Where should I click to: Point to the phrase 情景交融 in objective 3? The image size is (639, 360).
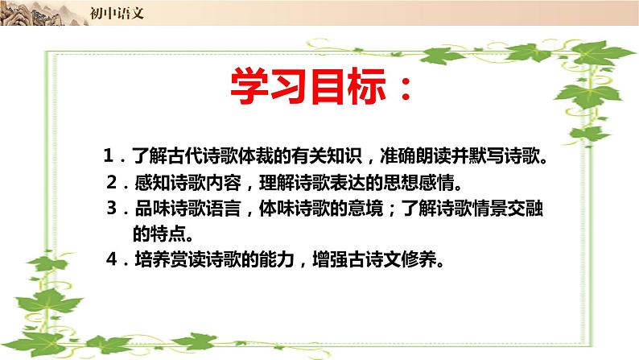[493, 208]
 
